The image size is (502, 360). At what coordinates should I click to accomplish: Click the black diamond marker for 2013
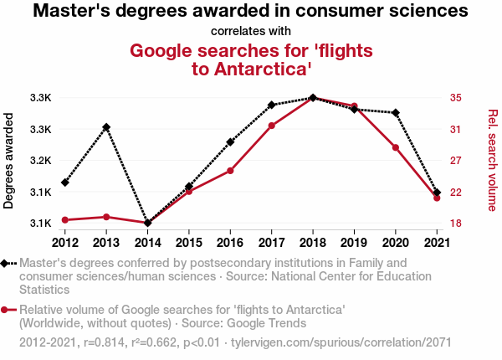tap(106, 127)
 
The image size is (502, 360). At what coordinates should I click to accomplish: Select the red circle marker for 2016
tap(230, 171)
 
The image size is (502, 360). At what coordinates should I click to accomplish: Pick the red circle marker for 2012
tap(65, 220)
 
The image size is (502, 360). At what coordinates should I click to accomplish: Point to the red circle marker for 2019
tap(355, 106)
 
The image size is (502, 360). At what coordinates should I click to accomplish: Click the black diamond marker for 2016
tap(230, 142)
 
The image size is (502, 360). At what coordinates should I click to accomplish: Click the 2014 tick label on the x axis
tap(147, 243)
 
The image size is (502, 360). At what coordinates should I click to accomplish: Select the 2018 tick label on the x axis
tap(313, 243)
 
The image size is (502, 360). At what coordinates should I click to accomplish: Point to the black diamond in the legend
tap(7, 264)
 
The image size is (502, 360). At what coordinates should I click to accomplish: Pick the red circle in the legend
tap(7, 311)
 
